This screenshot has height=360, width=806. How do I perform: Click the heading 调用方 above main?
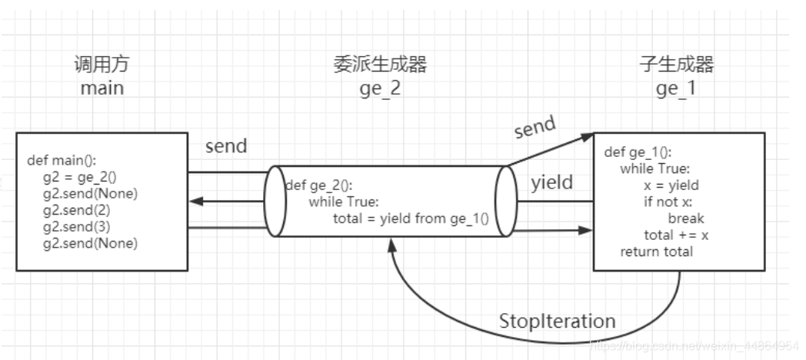(x=102, y=65)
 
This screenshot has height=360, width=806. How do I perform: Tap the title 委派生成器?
(x=380, y=65)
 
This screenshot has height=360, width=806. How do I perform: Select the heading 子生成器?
(x=676, y=65)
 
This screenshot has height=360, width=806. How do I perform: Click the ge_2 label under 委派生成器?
(x=380, y=88)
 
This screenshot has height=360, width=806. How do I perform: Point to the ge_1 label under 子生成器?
(x=676, y=88)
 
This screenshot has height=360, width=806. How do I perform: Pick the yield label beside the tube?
(x=552, y=183)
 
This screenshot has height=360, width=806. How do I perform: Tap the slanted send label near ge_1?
(x=535, y=128)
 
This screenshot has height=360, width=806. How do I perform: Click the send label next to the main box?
(x=226, y=146)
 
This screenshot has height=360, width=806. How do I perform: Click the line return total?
(x=656, y=252)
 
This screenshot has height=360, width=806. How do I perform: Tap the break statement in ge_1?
(x=686, y=218)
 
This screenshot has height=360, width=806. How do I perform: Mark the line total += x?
(x=676, y=235)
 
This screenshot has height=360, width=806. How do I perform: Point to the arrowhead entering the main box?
(x=195, y=202)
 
